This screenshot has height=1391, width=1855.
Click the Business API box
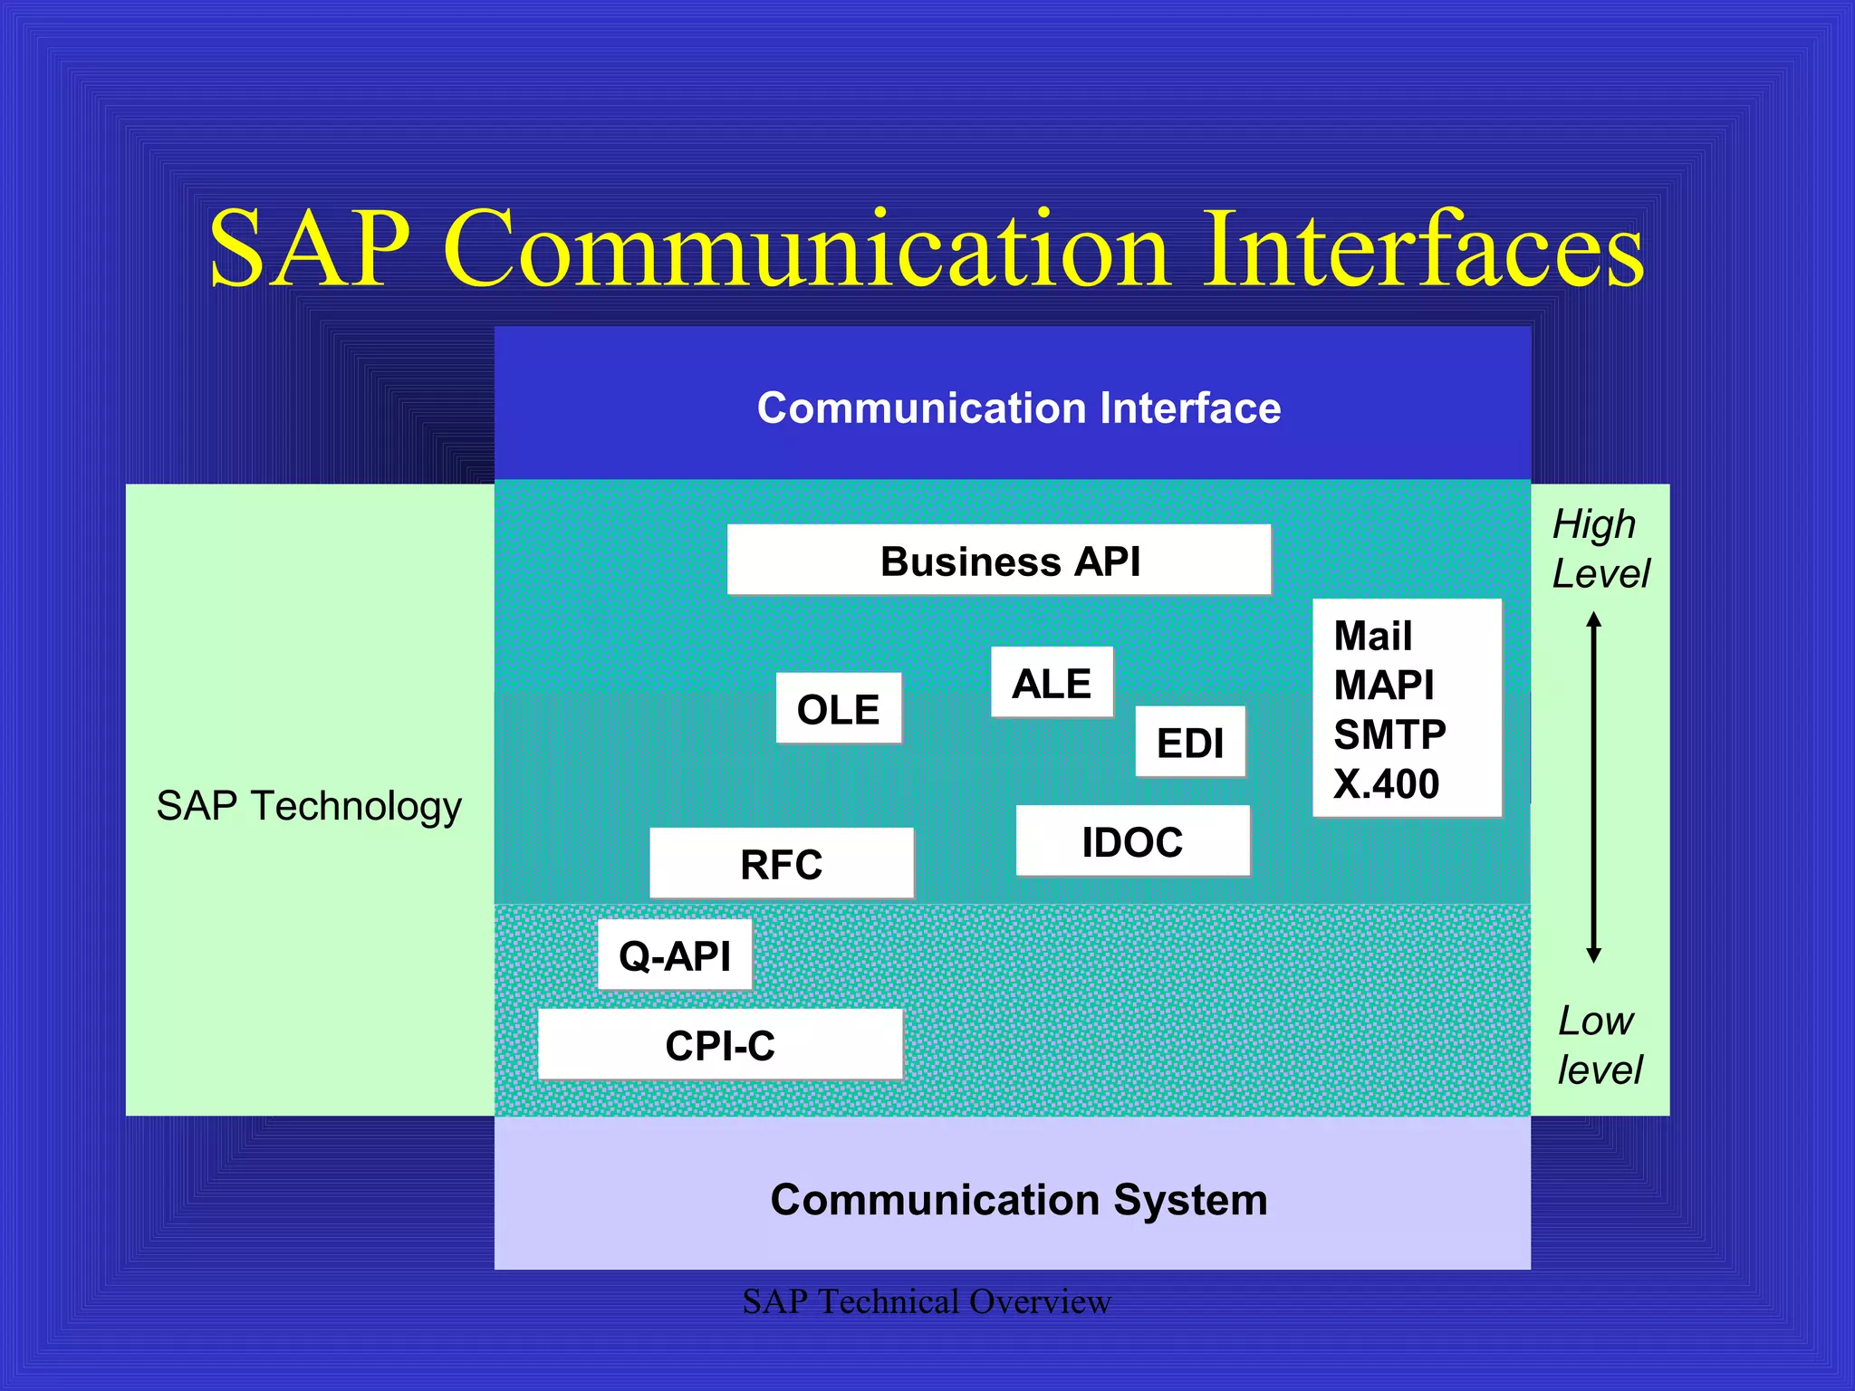pyautogui.click(x=998, y=561)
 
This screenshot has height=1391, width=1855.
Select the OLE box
pyautogui.click(x=839, y=709)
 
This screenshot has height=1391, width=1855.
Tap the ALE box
pyautogui.click(x=1052, y=683)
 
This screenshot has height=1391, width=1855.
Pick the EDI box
pyautogui.click(x=1190, y=743)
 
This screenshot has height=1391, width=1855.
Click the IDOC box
pyautogui.click(x=1132, y=841)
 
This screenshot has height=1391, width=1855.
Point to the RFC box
pyautogui.click(x=781, y=864)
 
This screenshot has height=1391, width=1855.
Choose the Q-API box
pyautogui.click(x=675, y=955)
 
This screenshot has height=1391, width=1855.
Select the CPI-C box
pyautogui.click(x=720, y=1045)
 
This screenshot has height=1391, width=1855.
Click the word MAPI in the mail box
pyautogui.click(x=1383, y=685)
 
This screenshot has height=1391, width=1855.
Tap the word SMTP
pyautogui.click(x=1389, y=734)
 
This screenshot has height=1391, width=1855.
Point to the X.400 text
pyautogui.click(x=1386, y=783)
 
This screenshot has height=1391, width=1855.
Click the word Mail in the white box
pyautogui.click(x=1372, y=636)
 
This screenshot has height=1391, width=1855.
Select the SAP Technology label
pyautogui.click(x=309, y=805)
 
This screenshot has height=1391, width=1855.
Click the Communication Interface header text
pyautogui.click(x=1018, y=408)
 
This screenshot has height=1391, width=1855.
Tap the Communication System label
pyautogui.click(x=1018, y=1199)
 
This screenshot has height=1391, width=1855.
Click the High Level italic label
pyautogui.click(x=1600, y=549)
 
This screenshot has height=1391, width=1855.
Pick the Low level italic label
pyautogui.click(x=1599, y=1045)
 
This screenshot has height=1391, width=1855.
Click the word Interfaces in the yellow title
pyautogui.click(x=1422, y=249)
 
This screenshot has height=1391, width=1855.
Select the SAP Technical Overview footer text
pyautogui.click(x=926, y=1301)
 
